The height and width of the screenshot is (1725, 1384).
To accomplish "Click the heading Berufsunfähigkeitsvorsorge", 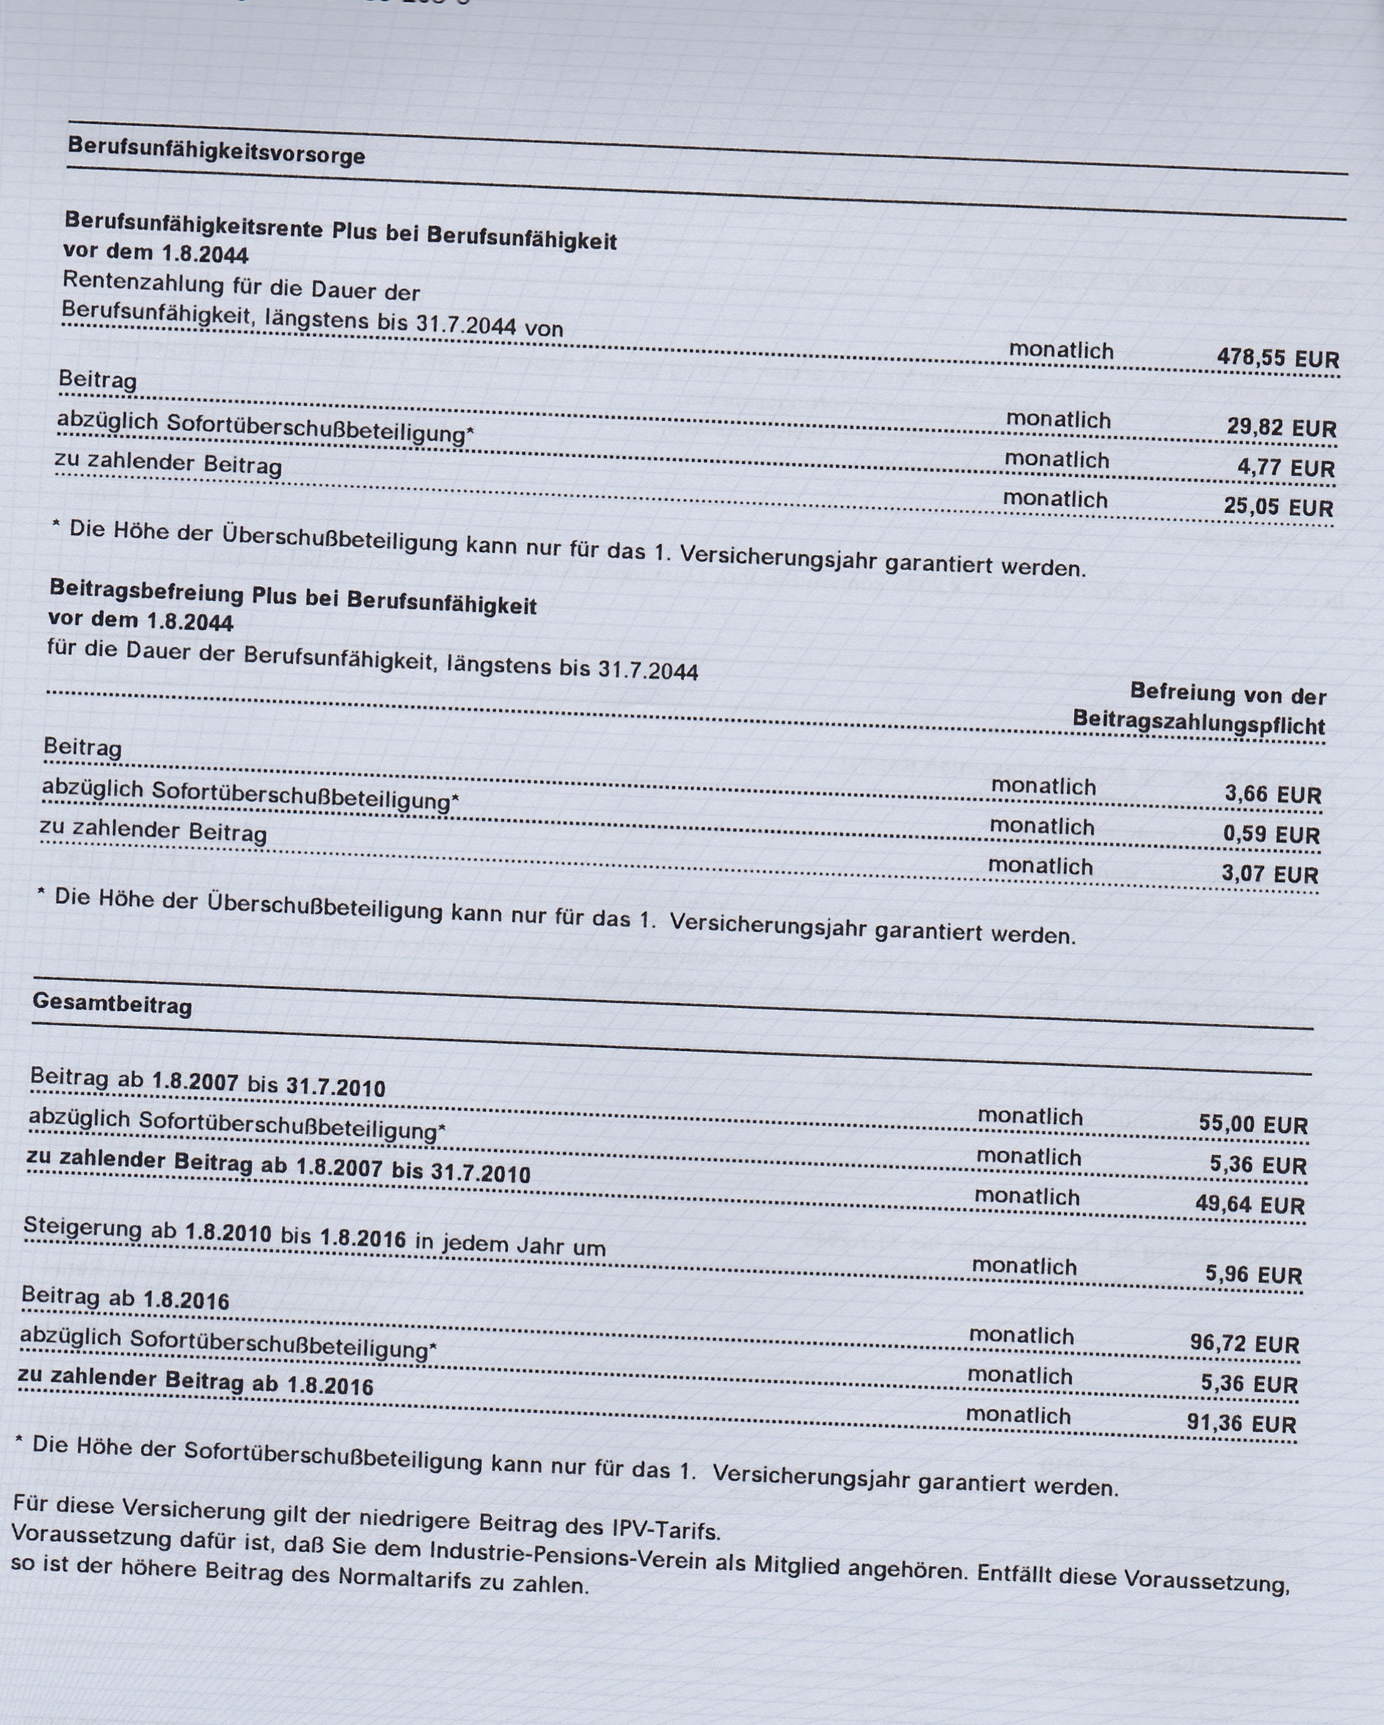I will coord(216,151).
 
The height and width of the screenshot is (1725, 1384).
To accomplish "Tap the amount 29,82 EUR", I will coord(1281,428).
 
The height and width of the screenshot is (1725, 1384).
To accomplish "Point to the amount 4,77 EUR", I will coord(1285,468).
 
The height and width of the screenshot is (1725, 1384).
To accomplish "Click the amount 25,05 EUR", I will coord(1278,507).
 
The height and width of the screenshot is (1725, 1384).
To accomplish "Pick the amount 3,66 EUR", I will coord(1272,794).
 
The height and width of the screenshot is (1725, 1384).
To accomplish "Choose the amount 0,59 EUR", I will coord(1270,834).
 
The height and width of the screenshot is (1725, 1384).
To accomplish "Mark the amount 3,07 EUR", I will coord(1269,874).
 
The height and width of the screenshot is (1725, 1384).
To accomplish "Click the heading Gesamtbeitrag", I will coord(112,1004).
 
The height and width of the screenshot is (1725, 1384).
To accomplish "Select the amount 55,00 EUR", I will coord(1253,1124).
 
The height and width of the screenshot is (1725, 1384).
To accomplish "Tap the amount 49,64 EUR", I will coord(1250,1204).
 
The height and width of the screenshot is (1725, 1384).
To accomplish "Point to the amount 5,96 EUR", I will coord(1253,1273).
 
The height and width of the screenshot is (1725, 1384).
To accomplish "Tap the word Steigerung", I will coord(83,1227).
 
